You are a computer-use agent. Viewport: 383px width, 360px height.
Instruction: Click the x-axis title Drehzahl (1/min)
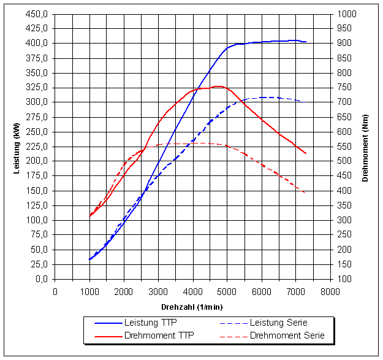(x=192, y=306)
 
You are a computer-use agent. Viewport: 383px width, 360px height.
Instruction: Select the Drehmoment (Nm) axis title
(x=365, y=147)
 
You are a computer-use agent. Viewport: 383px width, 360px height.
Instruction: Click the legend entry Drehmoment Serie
(x=287, y=335)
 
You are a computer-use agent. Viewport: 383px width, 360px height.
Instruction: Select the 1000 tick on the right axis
(x=346, y=13)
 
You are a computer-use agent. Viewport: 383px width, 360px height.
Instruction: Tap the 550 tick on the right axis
(x=344, y=147)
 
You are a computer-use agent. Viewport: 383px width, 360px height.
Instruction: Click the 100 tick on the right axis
(x=344, y=279)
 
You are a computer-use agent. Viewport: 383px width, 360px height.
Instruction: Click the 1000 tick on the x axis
(x=89, y=291)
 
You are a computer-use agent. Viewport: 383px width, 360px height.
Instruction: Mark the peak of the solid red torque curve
(x=219, y=86)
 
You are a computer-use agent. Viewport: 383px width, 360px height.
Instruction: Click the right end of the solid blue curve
(x=306, y=42)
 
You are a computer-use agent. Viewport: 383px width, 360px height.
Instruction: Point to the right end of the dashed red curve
(x=305, y=193)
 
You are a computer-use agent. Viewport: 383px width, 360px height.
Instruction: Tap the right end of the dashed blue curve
(x=301, y=101)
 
